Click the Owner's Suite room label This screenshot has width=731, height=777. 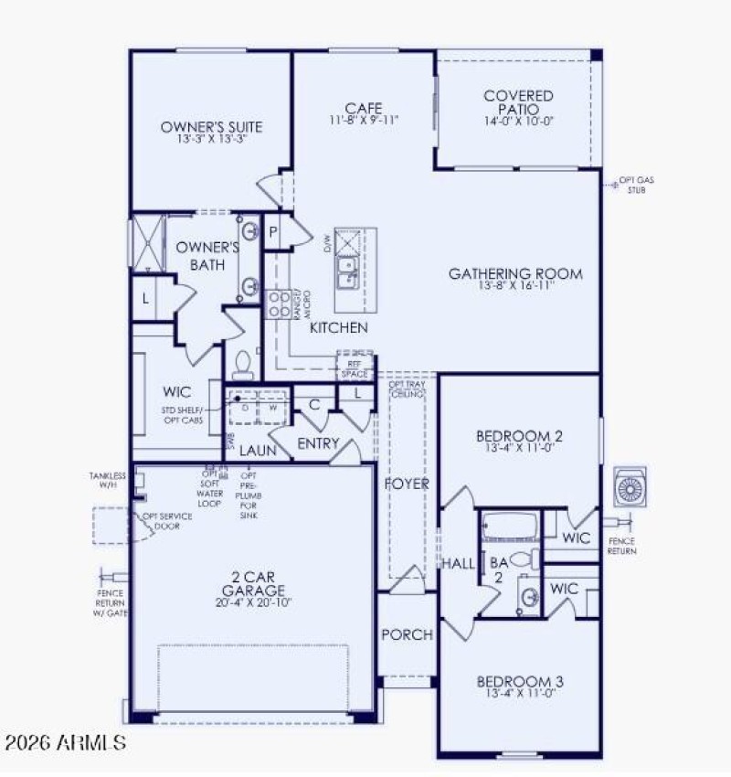coord(211,126)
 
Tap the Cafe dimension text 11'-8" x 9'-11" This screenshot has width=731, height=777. coord(364,120)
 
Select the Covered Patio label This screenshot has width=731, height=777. coord(518,102)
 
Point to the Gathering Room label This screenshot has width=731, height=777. coord(515,273)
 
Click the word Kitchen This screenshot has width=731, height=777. coord(338,327)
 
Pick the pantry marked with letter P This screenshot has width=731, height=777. coord(272,232)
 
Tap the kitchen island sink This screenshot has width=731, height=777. coord(347,266)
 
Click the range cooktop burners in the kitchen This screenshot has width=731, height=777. coord(277,303)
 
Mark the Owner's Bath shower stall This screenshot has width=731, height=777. coord(147,240)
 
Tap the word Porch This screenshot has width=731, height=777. coord(407,634)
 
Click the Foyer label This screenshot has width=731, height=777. coord(406,484)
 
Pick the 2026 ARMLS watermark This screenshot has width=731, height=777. coord(64,741)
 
